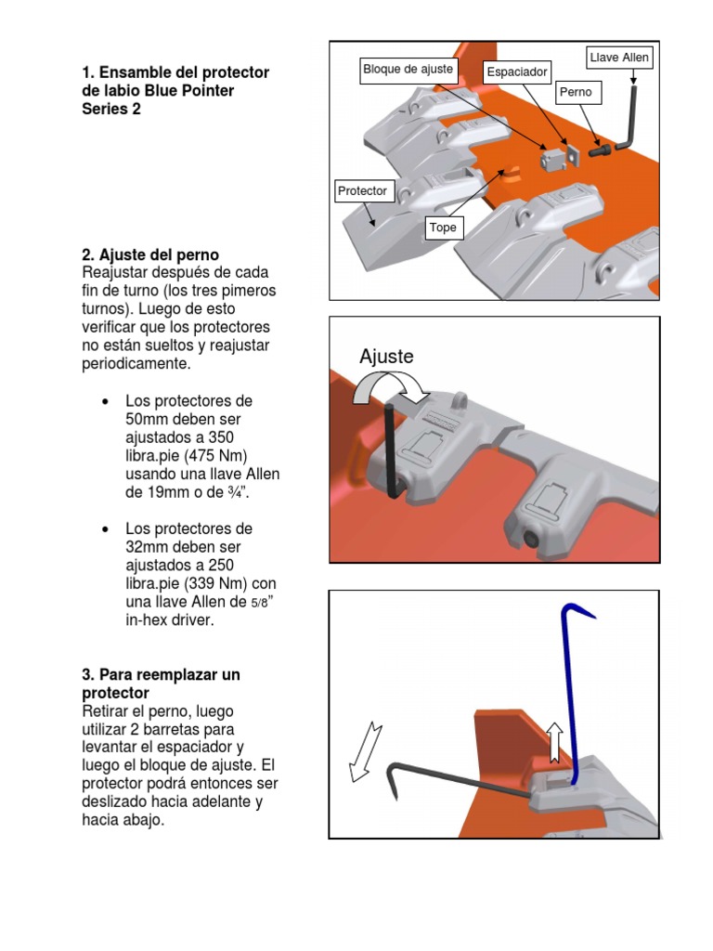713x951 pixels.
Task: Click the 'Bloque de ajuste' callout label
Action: [408, 69]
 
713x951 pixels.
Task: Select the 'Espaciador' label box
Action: [517, 72]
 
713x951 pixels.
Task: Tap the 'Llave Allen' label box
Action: [619, 58]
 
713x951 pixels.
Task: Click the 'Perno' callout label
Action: [575, 93]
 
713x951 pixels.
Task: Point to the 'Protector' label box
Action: [362, 191]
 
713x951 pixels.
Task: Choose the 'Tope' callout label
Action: [443, 227]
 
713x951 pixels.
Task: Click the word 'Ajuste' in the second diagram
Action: [386, 357]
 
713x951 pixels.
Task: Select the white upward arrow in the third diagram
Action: [554, 740]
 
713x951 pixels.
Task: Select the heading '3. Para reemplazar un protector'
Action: [161, 684]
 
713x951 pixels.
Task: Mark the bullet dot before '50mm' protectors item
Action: [105, 402]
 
